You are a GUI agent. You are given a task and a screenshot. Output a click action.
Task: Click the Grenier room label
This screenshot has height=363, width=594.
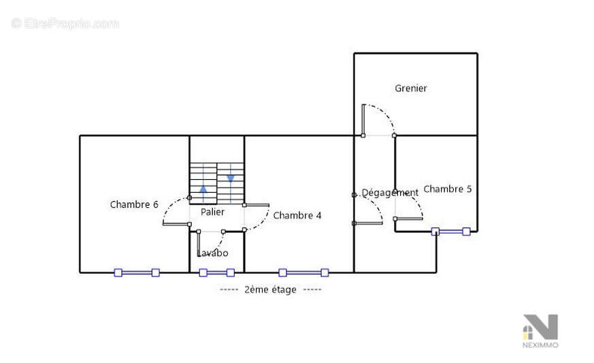411,89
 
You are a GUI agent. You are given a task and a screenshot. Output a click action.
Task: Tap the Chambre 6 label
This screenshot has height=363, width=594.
134,204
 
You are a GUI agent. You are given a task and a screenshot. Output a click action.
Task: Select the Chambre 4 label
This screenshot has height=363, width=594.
297,215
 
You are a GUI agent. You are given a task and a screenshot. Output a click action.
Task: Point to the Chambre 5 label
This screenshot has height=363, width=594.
448,189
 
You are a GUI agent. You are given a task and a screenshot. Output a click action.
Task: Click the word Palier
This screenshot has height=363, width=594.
212,212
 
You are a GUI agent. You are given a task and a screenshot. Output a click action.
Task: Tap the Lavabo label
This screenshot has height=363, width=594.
212,253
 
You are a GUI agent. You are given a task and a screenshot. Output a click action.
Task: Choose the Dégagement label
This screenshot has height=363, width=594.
390,193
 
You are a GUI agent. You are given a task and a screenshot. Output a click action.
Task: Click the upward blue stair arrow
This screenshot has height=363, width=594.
203,189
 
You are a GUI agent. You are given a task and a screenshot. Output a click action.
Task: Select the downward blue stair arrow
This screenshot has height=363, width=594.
231,178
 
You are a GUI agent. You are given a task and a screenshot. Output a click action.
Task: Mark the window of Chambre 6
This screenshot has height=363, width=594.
137,272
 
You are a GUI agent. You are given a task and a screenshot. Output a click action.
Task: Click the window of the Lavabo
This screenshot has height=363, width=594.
216,272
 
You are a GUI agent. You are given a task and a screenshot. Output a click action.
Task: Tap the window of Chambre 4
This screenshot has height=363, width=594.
303,272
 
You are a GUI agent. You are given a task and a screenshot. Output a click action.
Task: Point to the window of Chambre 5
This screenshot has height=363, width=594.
451,232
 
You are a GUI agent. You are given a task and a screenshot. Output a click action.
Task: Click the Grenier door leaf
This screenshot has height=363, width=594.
363,119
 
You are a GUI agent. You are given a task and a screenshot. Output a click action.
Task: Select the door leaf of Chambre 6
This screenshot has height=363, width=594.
176,225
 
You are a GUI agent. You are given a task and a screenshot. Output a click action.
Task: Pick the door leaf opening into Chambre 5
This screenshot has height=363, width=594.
409,219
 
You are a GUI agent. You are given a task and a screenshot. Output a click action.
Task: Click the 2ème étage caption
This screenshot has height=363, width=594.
271,290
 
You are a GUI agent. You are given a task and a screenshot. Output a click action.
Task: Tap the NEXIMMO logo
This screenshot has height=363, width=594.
540,331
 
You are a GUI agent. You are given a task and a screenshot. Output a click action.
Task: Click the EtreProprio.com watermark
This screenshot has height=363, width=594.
65,24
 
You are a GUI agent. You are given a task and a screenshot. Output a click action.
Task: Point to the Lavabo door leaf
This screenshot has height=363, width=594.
199,244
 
